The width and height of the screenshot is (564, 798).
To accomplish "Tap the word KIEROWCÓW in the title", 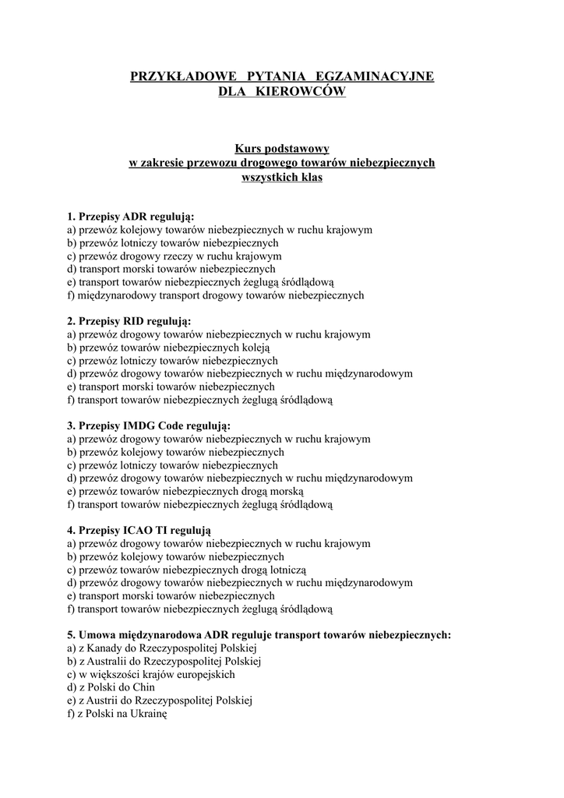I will point(300,92).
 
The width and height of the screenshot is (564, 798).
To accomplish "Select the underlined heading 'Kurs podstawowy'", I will point(282,148).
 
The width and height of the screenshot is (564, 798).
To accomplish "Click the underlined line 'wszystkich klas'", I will point(282,177).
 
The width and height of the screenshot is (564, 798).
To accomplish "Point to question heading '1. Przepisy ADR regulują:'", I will point(131,216).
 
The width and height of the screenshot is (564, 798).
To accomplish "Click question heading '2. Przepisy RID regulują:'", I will point(129,321).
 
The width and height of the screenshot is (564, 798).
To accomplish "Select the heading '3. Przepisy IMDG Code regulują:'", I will point(149,425).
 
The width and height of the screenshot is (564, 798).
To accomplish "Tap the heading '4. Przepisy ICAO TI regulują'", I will point(139,530).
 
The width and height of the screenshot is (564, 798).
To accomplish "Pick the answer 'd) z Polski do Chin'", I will point(111,687).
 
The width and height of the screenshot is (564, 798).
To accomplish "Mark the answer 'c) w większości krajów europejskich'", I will point(151,674).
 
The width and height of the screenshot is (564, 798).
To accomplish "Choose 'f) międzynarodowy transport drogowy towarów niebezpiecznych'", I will point(216,295).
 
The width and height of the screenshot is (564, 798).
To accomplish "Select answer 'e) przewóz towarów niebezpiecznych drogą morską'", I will point(185,491).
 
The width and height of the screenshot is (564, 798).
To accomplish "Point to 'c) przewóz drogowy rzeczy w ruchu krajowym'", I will point(174,256).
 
